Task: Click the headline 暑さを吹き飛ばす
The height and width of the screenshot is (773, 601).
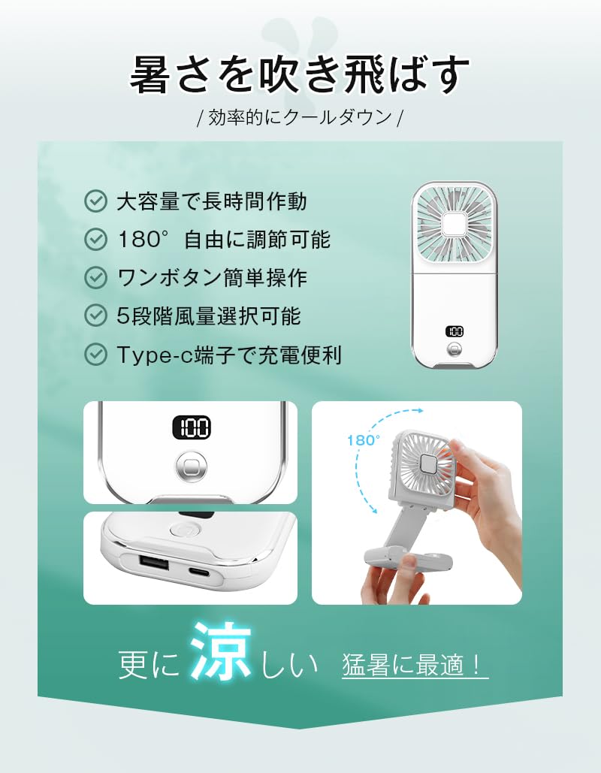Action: [300, 74]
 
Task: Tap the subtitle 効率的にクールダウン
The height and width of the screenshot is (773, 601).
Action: [300, 118]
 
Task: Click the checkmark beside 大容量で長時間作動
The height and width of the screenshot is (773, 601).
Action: [95, 201]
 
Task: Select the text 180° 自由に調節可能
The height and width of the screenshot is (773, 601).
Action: [224, 240]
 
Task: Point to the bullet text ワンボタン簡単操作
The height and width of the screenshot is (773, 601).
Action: [213, 278]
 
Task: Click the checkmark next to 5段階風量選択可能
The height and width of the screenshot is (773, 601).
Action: [95, 316]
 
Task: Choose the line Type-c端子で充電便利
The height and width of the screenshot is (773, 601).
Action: [229, 355]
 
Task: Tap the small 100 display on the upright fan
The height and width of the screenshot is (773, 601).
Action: [454, 331]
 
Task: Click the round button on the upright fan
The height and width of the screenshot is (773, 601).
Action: [454, 350]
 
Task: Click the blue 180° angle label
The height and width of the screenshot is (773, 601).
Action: [364, 440]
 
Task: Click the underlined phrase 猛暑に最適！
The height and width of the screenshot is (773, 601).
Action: [415, 666]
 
